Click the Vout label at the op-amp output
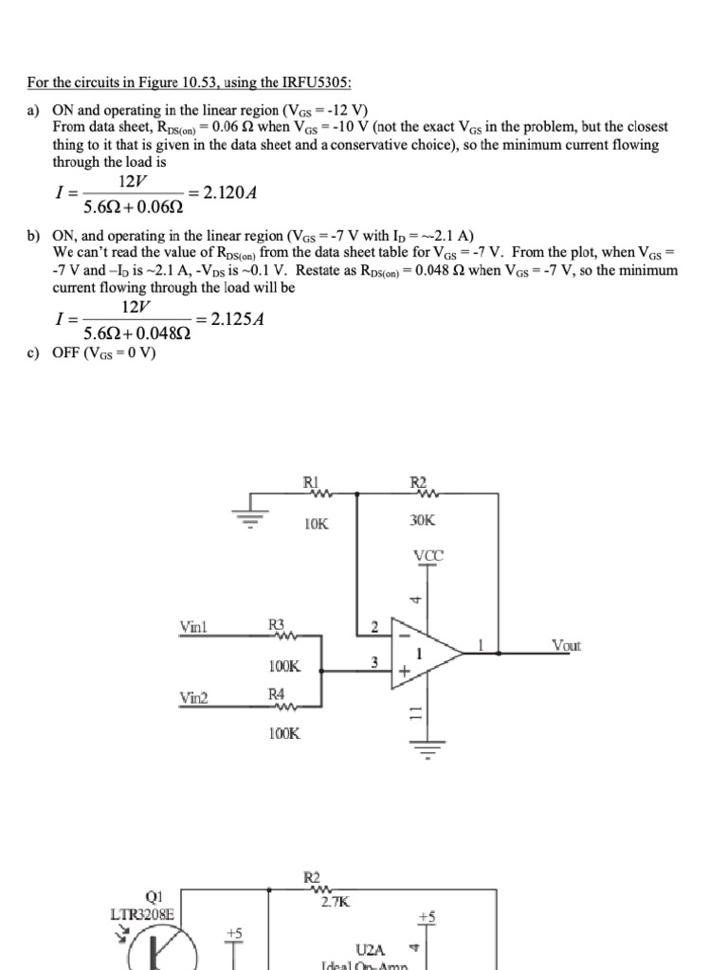tap(566, 646)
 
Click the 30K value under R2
tap(423, 521)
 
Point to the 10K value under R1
tap(317, 522)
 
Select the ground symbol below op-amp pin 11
tap(428, 754)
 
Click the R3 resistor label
tap(277, 624)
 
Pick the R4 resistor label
tap(277, 695)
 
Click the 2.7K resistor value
tap(336, 903)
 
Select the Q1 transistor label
tap(154, 896)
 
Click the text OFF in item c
tap(68, 353)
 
